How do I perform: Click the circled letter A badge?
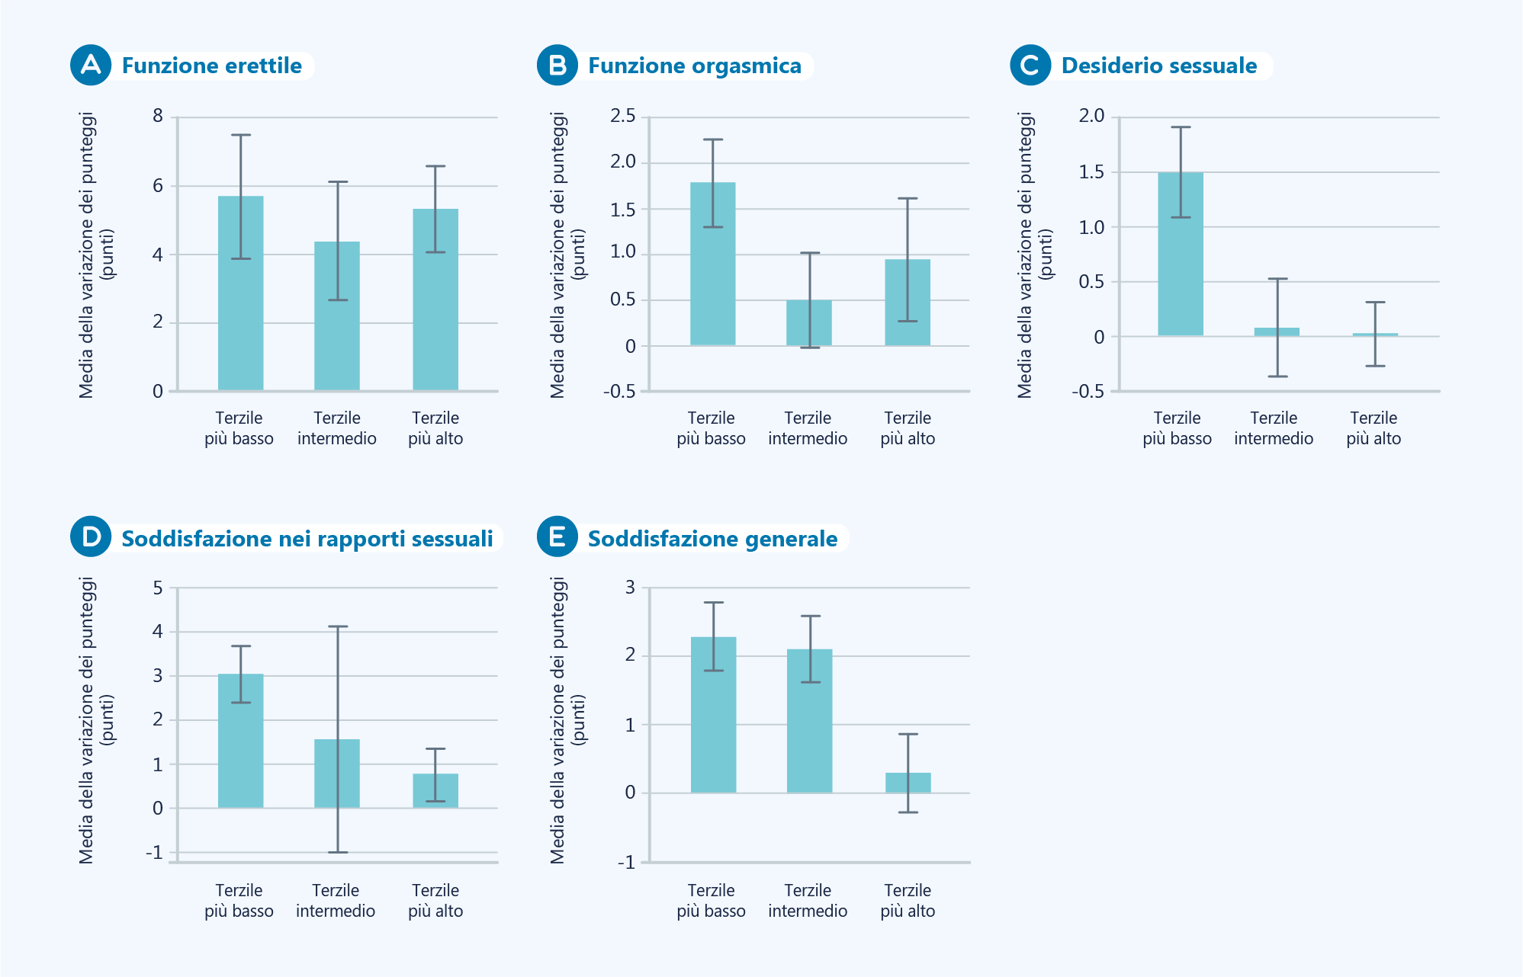click(x=91, y=65)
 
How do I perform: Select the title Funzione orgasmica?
click(x=694, y=66)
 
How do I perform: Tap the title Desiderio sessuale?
click(x=1158, y=66)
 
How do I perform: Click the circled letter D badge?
click(x=91, y=537)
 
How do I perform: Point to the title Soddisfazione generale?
click(x=712, y=539)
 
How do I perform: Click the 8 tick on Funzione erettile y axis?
click(x=158, y=116)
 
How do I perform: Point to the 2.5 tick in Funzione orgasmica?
click(x=622, y=116)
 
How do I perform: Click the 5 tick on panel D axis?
click(x=158, y=588)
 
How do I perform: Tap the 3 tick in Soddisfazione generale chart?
click(x=630, y=587)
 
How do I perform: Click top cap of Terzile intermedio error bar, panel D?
click(x=338, y=626)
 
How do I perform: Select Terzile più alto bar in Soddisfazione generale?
click(x=908, y=783)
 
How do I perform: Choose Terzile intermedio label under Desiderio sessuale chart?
click(x=1274, y=428)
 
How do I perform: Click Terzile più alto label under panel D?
click(x=435, y=901)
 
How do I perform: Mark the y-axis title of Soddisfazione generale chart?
click(x=567, y=720)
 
